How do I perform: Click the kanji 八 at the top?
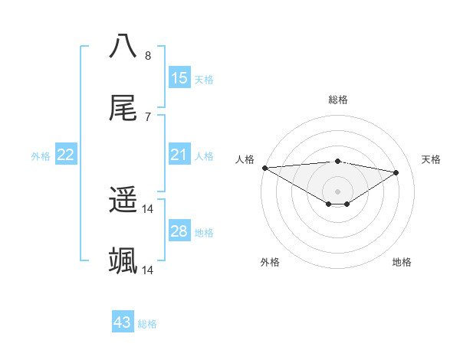pyautogui.click(x=123, y=46)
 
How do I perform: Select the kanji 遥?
pyautogui.click(x=123, y=201)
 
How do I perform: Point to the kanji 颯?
pyautogui.click(x=123, y=261)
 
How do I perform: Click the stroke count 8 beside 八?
pyautogui.click(x=148, y=55)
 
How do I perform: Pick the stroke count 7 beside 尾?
pyautogui.click(x=148, y=116)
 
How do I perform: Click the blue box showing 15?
pyautogui.click(x=179, y=78)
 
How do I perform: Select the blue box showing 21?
pyautogui.click(x=179, y=155)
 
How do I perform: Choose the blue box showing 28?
pyautogui.click(x=179, y=231)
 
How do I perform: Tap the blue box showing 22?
pyautogui.click(x=66, y=155)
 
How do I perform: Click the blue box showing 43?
pyautogui.click(x=123, y=322)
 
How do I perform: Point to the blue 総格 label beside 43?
pyautogui.click(x=148, y=324)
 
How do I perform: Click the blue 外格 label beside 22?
pyautogui.click(x=41, y=156)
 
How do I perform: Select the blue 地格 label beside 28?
pyautogui.click(x=205, y=233)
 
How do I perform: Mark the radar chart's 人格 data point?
pyautogui.click(x=264, y=168)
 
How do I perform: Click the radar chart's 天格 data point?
pyautogui.click(x=396, y=172)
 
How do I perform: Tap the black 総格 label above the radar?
pyautogui.click(x=338, y=100)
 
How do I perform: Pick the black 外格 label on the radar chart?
pyautogui.click(x=270, y=262)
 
